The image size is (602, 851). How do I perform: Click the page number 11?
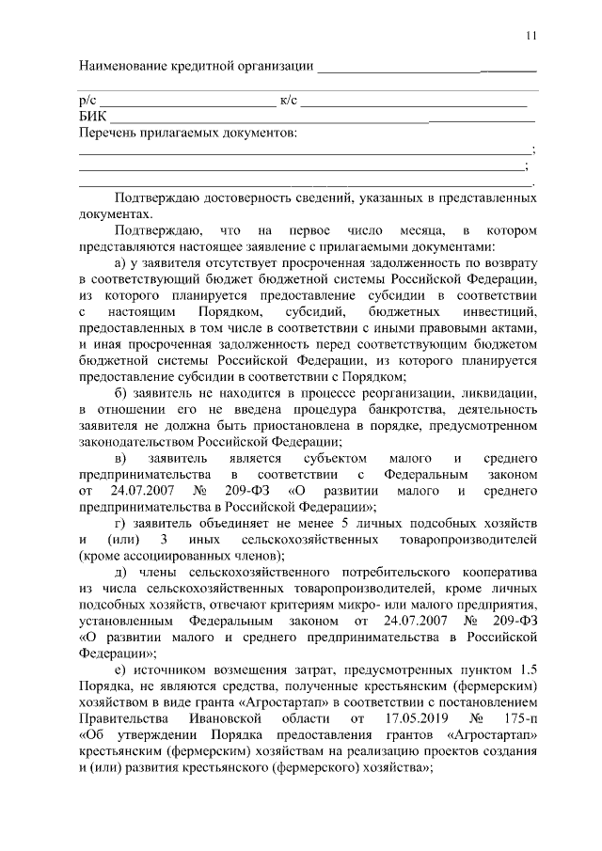tap(531, 36)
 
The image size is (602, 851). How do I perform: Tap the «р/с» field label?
tap(87, 100)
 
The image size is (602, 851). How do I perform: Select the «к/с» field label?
tap(289, 100)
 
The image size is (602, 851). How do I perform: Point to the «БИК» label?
tap(92, 116)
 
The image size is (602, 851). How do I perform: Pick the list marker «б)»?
tap(119, 397)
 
